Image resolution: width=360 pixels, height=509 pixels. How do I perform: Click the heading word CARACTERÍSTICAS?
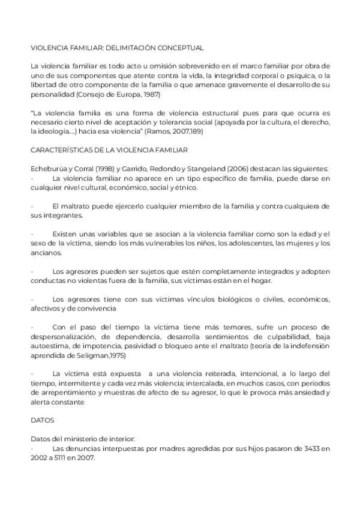[61, 150]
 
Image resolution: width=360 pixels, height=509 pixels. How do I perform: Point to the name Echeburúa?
[50, 170]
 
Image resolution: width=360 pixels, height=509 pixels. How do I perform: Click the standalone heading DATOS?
[42, 420]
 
